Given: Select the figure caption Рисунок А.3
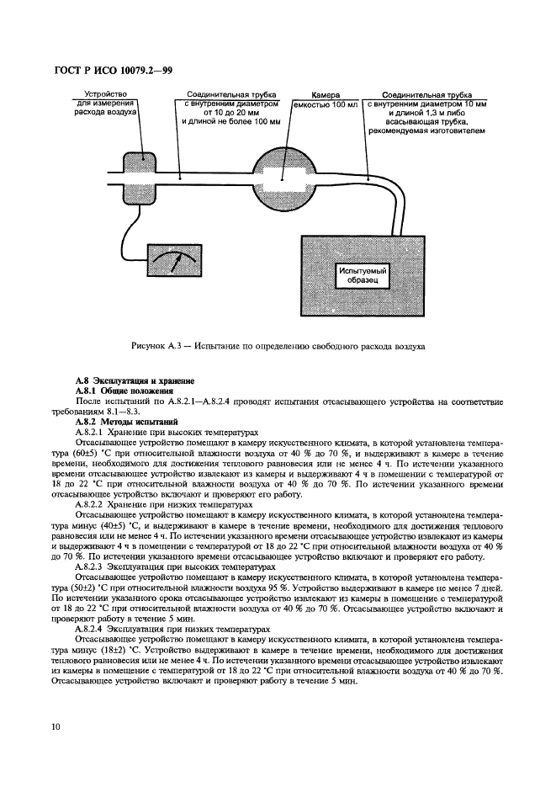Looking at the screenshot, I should (278, 346).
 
